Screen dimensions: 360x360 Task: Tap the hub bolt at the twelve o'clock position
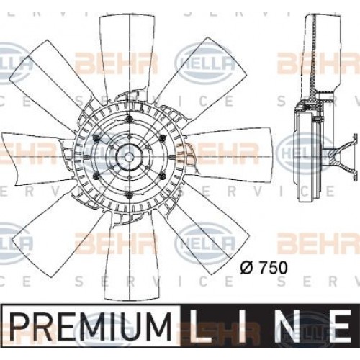(x=130, y=118)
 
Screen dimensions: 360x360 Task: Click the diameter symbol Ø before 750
(x=246, y=267)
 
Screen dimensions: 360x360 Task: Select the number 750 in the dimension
(x=273, y=267)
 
